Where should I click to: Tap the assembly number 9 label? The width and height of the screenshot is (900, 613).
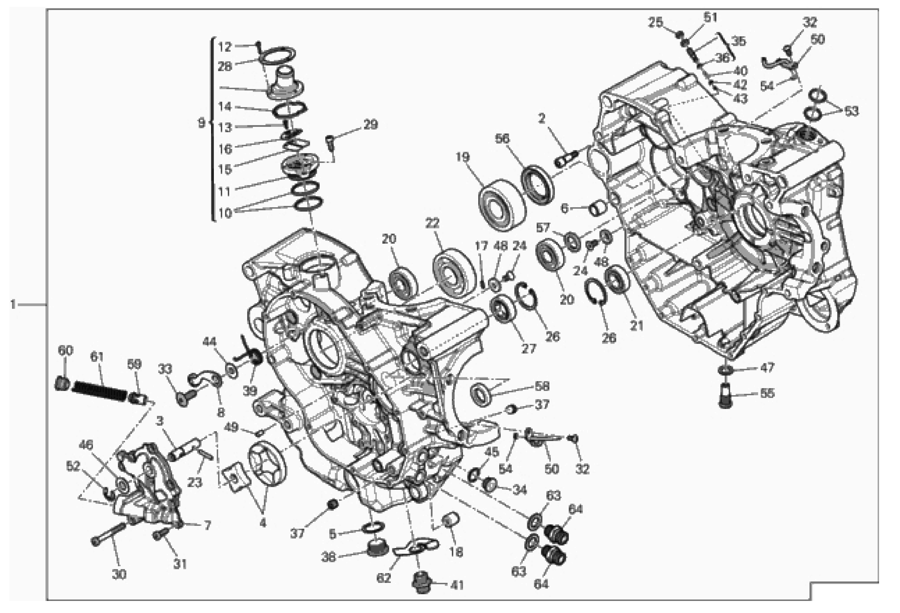tap(201, 124)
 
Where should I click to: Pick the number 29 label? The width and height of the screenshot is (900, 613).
tap(371, 125)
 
